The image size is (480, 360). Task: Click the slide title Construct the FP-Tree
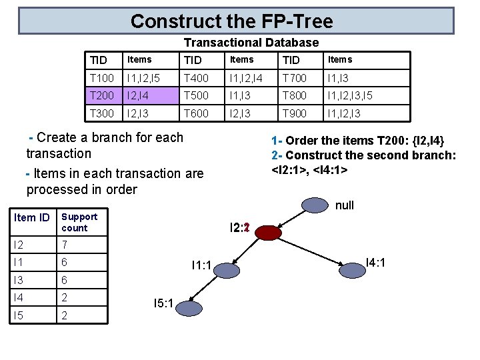pyautogui.click(x=231, y=21)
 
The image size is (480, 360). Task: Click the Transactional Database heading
pyautogui.click(x=251, y=43)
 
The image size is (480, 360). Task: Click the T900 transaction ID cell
pyautogui.click(x=295, y=113)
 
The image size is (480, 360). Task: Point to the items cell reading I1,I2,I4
pyautogui.click(x=250, y=77)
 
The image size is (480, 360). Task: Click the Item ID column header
pyautogui.click(x=32, y=217)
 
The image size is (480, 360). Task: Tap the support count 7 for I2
pyautogui.click(x=65, y=245)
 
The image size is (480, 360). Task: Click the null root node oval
pyautogui.click(x=313, y=205)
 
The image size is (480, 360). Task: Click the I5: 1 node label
pyautogui.click(x=163, y=304)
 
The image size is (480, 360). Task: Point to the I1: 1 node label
pyautogui.click(x=201, y=266)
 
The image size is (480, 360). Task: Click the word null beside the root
pyautogui.click(x=344, y=205)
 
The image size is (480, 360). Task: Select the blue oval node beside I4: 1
pyautogui.click(x=353, y=269)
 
